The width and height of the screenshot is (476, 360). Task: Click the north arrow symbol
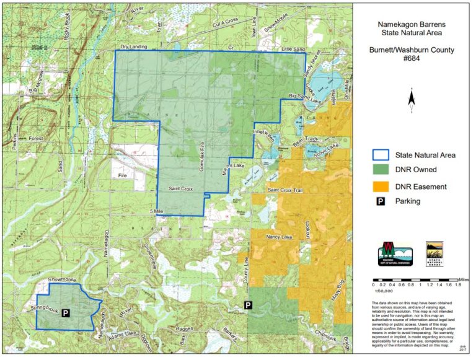click(412, 98)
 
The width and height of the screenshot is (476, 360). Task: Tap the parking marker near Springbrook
click(66, 314)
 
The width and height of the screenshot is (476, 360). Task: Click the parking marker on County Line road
click(248, 305)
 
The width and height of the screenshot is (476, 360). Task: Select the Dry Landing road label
click(133, 46)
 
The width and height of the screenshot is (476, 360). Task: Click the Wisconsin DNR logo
click(395, 253)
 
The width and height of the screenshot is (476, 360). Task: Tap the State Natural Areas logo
click(434, 253)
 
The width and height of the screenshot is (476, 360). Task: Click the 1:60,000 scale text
click(384, 289)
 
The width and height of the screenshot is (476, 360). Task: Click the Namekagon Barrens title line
click(412, 25)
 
